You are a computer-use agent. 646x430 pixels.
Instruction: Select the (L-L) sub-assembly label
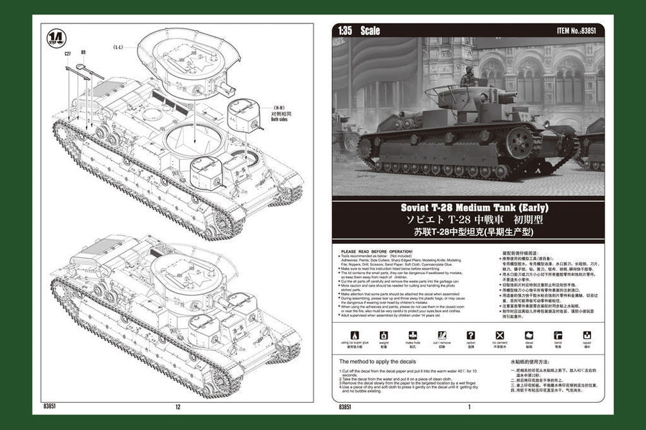point(118,47)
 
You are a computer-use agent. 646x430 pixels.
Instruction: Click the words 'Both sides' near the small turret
point(260,119)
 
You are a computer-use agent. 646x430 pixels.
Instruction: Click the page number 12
point(178,407)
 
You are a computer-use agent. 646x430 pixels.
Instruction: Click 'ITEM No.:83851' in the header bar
point(579,30)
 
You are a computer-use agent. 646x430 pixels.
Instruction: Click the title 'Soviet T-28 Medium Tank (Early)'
point(464,208)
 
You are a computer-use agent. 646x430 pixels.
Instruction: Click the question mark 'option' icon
point(470,336)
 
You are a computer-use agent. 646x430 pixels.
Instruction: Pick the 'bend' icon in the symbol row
point(557,336)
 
